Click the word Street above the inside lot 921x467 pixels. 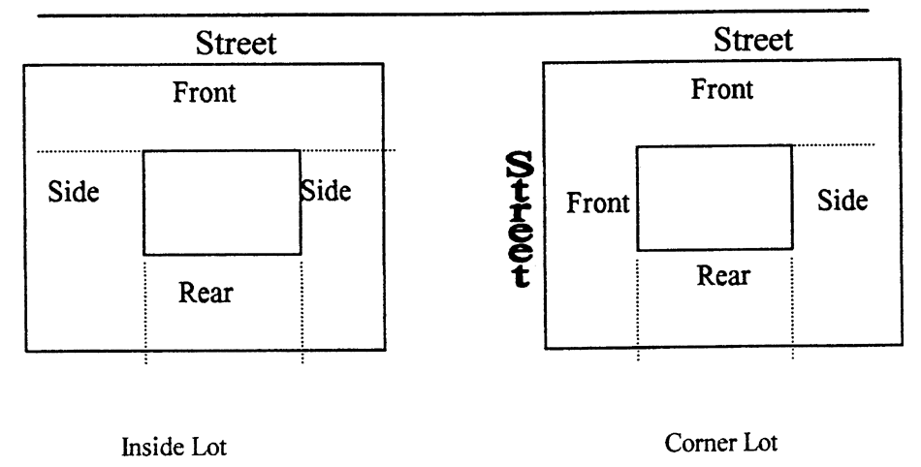click(x=237, y=43)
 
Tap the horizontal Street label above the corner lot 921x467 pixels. click(x=753, y=40)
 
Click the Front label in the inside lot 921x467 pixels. click(x=205, y=94)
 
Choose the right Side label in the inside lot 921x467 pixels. click(x=326, y=190)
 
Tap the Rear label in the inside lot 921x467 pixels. click(x=206, y=291)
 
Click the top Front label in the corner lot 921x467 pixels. click(x=721, y=90)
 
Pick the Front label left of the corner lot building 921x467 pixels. click(x=598, y=204)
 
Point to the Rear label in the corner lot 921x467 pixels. click(x=723, y=275)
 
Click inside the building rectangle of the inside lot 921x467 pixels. click(x=222, y=202)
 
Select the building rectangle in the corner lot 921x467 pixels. click(x=714, y=198)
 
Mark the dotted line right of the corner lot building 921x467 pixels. click(x=834, y=145)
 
